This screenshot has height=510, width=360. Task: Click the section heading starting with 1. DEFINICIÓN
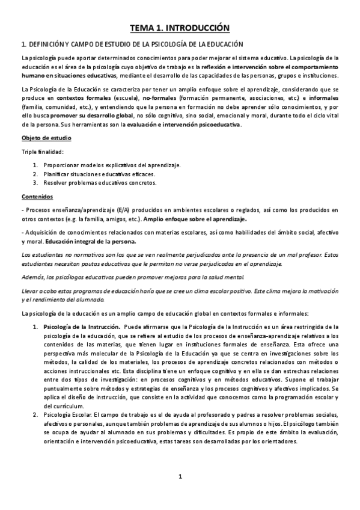tap(132, 44)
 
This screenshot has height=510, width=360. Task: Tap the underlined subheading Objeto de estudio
tap(44, 138)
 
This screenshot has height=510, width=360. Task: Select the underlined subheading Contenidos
tap(37, 196)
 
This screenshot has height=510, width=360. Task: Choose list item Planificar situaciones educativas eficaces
tap(102, 174)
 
